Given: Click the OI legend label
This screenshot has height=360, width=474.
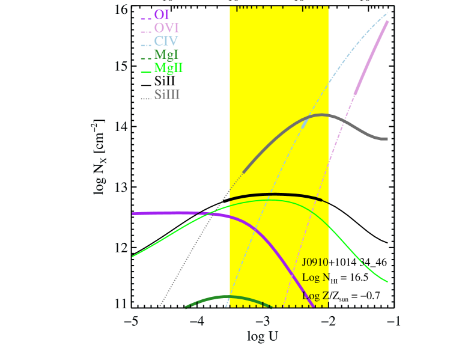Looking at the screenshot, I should tap(161, 14).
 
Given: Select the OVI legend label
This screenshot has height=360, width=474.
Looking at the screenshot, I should tap(166, 28).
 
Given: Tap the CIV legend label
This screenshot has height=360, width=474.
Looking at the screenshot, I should tap(166, 41).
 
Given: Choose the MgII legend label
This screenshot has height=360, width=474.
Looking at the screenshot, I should tap(169, 68).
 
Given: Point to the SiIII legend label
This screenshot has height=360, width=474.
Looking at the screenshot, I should tap(167, 94).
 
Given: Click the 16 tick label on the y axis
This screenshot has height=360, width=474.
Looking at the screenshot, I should tap(122, 10).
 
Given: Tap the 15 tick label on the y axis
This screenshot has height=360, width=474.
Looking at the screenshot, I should tap(122, 66).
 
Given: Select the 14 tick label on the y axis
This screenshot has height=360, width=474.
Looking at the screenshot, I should tap(122, 127).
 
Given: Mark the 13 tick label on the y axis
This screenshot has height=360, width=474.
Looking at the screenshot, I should tap(122, 188).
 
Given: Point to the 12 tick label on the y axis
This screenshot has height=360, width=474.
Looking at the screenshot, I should tap(122, 248).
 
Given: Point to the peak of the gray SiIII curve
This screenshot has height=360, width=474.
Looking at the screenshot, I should tap(322, 114).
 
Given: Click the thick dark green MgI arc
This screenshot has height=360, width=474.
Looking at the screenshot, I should tap(225, 297).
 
